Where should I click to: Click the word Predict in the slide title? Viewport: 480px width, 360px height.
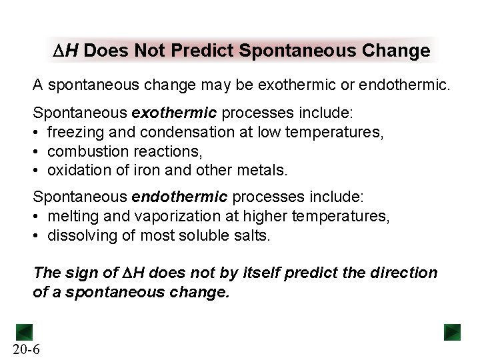click(x=214, y=51)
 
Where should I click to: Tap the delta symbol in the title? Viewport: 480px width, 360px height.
click(x=58, y=51)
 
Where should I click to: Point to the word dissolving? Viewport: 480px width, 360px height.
click(x=78, y=235)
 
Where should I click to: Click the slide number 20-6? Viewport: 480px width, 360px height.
click(x=26, y=348)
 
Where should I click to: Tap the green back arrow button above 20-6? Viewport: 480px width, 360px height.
click(x=25, y=331)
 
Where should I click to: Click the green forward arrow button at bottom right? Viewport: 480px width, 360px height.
click(x=453, y=331)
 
